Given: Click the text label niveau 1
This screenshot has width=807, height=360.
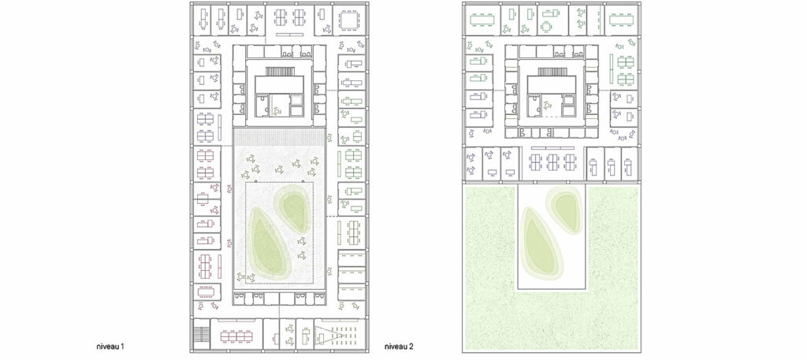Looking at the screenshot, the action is click(x=110, y=346).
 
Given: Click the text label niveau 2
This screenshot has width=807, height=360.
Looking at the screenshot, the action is click(x=400, y=346).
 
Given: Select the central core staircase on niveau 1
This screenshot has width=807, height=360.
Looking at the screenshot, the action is click(x=280, y=71).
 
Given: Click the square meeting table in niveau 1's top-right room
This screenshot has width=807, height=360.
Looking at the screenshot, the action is click(x=349, y=20).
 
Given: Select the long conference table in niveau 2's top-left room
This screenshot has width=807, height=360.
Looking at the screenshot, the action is click(x=482, y=20).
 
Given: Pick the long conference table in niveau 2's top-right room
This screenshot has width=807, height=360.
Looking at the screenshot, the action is click(x=623, y=20).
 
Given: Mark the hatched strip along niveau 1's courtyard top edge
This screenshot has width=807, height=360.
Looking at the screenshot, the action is click(x=280, y=136).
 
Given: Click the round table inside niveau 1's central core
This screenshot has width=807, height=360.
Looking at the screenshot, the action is click(x=276, y=110).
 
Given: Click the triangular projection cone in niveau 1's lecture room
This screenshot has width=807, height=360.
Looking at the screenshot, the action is click(x=323, y=336).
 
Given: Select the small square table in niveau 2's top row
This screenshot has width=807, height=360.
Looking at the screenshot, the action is click(x=546, y=26).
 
